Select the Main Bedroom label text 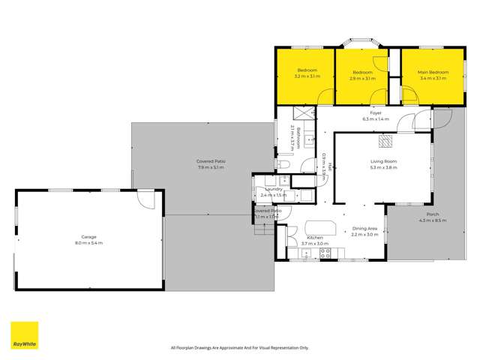pyautogui.click(x=433, y=72)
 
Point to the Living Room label pyautogui.click(x=383, y=161)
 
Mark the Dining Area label pyautogui.click(x=366, y=229)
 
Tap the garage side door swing pyautogui.click(x=146, y=199)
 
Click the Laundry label pyautogui.click(x=273, y=189)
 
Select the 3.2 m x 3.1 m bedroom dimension pyautogui.click(x=307, y=77)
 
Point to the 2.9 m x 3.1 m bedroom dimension pyautogui.click(x=362, y=77)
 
